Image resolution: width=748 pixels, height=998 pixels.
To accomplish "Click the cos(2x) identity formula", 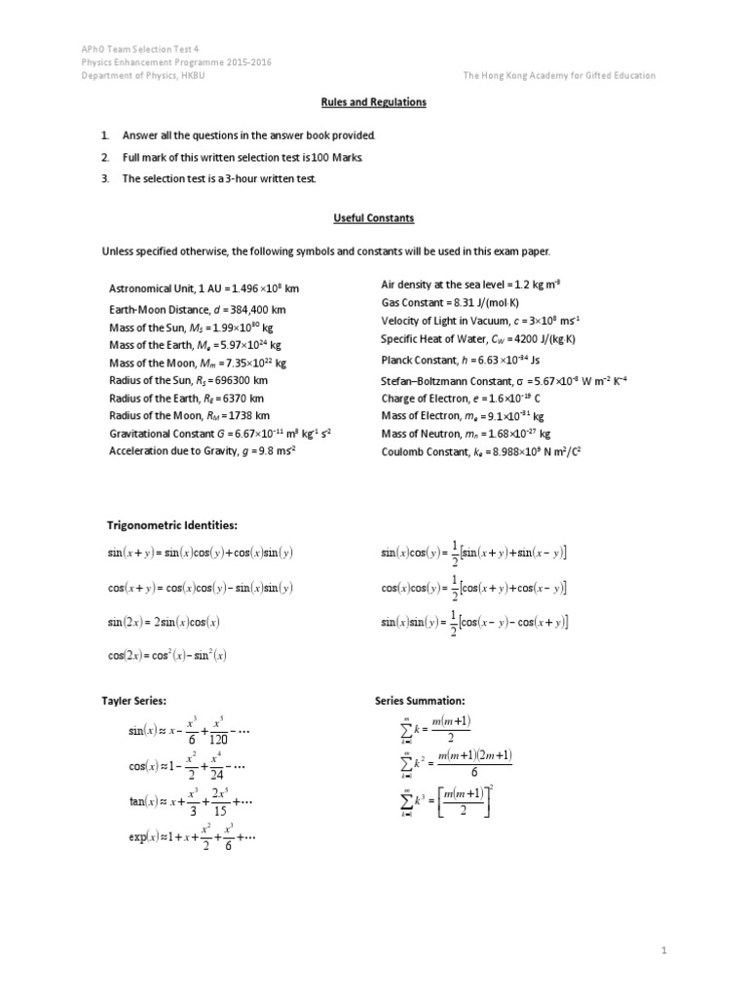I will (168, 656).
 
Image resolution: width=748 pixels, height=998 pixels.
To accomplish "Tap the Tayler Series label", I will (134, 701).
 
